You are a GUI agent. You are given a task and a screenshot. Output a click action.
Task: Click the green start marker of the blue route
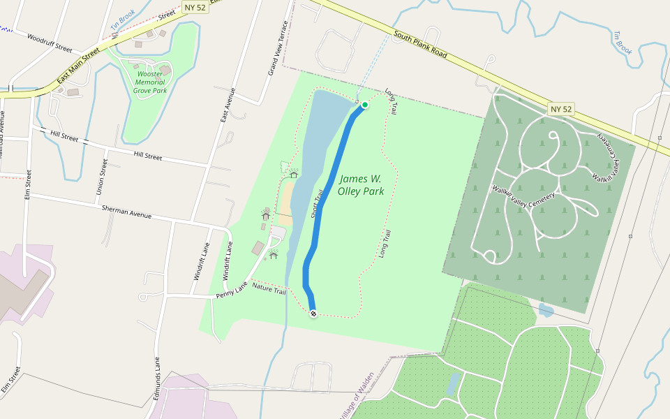364,105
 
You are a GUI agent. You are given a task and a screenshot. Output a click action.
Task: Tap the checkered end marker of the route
313,314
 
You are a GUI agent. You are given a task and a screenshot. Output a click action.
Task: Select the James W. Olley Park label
361,185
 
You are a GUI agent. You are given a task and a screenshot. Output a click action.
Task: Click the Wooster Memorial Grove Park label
150,82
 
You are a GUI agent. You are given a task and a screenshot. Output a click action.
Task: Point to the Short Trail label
317,203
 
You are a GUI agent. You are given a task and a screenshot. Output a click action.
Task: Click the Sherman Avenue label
126,212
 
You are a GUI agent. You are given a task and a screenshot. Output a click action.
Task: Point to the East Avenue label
228,105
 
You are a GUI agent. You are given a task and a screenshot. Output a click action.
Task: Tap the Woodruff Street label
50,43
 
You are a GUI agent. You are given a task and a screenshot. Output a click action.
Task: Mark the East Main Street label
79,66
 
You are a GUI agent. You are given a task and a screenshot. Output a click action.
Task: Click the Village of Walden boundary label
357,395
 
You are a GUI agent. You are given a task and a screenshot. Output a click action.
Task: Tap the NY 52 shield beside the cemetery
561,109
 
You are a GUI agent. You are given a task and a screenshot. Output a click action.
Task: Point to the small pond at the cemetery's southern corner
546,310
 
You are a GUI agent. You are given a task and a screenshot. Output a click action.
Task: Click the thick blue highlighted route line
332,196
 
